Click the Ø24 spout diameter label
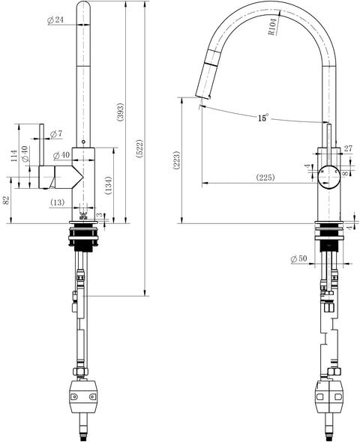click(55, 20)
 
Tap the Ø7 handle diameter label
click(56, 134)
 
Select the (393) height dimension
click(121, 112)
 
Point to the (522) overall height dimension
click(140, 148)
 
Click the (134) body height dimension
click(108, 186)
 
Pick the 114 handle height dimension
click(13, 156)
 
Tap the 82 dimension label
click(6, 200)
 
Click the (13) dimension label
click(58, 202)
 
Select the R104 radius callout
click(274, 26)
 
